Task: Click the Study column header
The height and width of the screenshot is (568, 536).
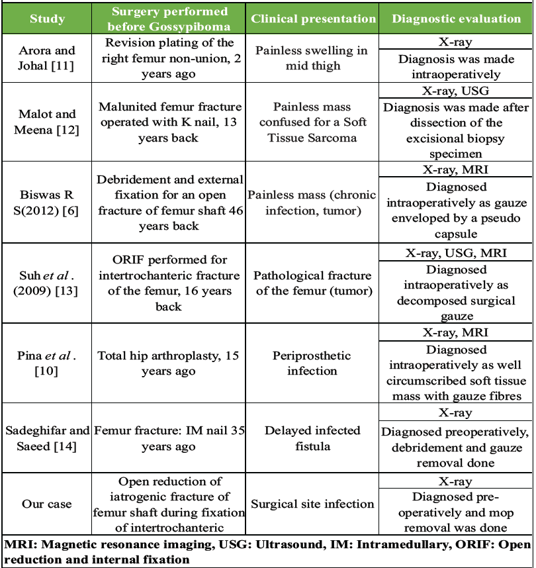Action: coord(47,19)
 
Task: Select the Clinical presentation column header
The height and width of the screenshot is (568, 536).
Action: coord(313,19)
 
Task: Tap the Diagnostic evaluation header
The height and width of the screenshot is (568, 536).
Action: coord(456,19)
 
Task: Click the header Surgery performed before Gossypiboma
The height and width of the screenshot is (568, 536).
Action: coord(169,19)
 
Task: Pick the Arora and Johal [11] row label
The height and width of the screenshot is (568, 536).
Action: coord(47,58)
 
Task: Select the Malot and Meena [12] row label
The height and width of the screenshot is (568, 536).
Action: coord(47,121)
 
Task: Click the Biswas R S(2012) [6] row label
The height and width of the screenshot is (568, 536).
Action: coord(47,202)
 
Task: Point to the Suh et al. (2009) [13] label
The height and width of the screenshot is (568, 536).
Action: coord(47,283)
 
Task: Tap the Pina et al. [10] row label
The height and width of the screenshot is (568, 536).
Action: coord(47,363)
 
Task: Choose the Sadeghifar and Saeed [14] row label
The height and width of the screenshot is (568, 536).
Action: coord(47,438)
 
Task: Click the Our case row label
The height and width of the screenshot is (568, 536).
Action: coord(47,504)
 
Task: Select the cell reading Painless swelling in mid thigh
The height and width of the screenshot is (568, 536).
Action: coord(313,58)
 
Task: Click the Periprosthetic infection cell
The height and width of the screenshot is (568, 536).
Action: coord(313,363)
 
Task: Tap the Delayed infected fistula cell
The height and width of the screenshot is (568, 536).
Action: coord(313,438)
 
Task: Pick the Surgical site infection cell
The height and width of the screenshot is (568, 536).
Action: coord(313,504)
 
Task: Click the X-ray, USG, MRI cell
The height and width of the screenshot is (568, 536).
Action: coord(456,252)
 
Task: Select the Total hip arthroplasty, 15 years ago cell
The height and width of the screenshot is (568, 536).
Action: coord(169,363)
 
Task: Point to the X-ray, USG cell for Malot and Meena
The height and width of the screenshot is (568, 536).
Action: coord(456,91)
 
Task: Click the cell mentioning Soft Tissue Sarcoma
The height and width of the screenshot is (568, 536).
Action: coord(313,121)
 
